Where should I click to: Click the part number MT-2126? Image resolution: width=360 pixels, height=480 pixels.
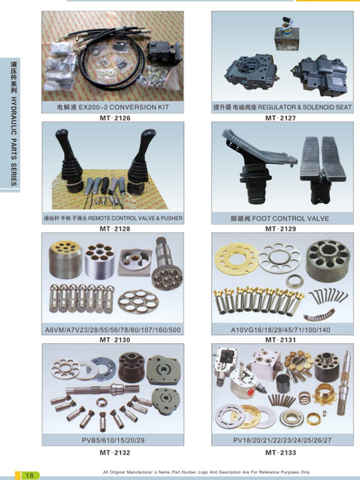tap(115, 118)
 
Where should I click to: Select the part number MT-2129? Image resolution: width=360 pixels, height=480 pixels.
tap(281, 229)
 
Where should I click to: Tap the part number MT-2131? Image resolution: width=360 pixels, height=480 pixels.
tap(281, 340)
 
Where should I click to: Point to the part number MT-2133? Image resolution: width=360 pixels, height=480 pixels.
tap(281, 452)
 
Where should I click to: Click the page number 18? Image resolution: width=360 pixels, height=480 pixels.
tap(29, 476)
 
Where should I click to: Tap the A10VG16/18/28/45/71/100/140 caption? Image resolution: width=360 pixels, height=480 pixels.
tap(281, 330)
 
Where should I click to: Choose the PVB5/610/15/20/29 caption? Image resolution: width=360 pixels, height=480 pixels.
tap(113, 441)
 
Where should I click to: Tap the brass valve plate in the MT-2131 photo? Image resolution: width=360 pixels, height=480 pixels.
tap(235, 259)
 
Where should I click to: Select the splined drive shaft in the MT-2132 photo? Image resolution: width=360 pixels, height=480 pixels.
tap(102, 390)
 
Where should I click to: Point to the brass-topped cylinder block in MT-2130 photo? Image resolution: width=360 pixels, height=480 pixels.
tap(66, 259)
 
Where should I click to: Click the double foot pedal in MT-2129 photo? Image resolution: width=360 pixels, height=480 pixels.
tap(322, 171)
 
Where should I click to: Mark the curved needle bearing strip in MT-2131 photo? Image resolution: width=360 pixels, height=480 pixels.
tap(318, 315)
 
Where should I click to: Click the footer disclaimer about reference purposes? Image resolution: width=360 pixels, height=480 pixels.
tap(206, 472)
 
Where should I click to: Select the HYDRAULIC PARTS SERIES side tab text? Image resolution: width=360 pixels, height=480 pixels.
tap(14, 141)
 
